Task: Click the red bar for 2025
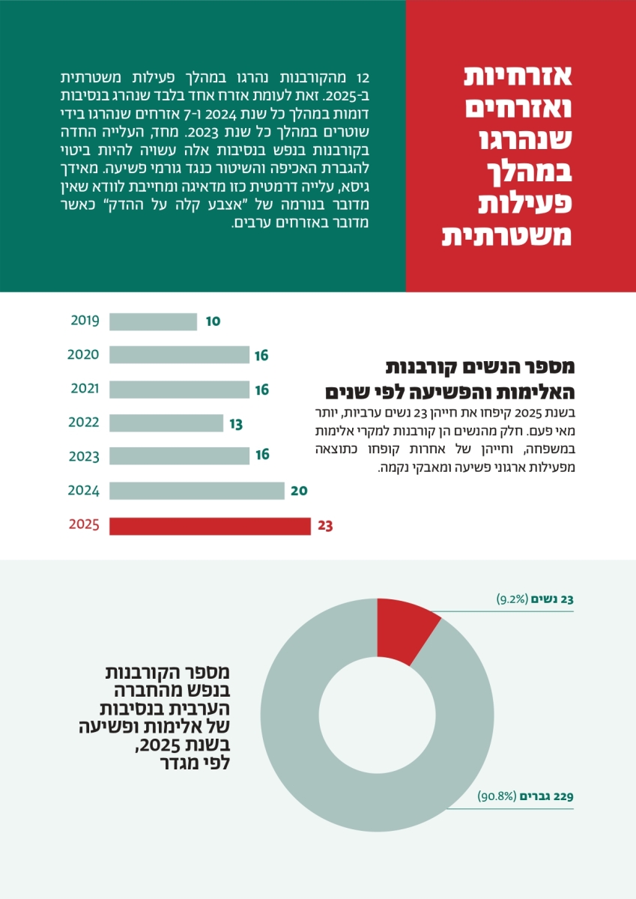coord(210,526)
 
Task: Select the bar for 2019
coord(153,321)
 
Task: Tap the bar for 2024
coord(196,491)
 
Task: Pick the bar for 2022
coord(166,423)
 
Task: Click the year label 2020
coord(83,354)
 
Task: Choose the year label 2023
coord(83,456)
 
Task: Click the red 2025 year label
coord(83,524)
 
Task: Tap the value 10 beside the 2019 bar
coord(213,321)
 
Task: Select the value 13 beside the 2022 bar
coord(236,424)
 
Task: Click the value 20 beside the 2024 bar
coord(299,491)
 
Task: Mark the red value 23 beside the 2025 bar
coord(325,526)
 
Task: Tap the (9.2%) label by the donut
coord(512,599)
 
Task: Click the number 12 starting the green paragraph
coord(364,78)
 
